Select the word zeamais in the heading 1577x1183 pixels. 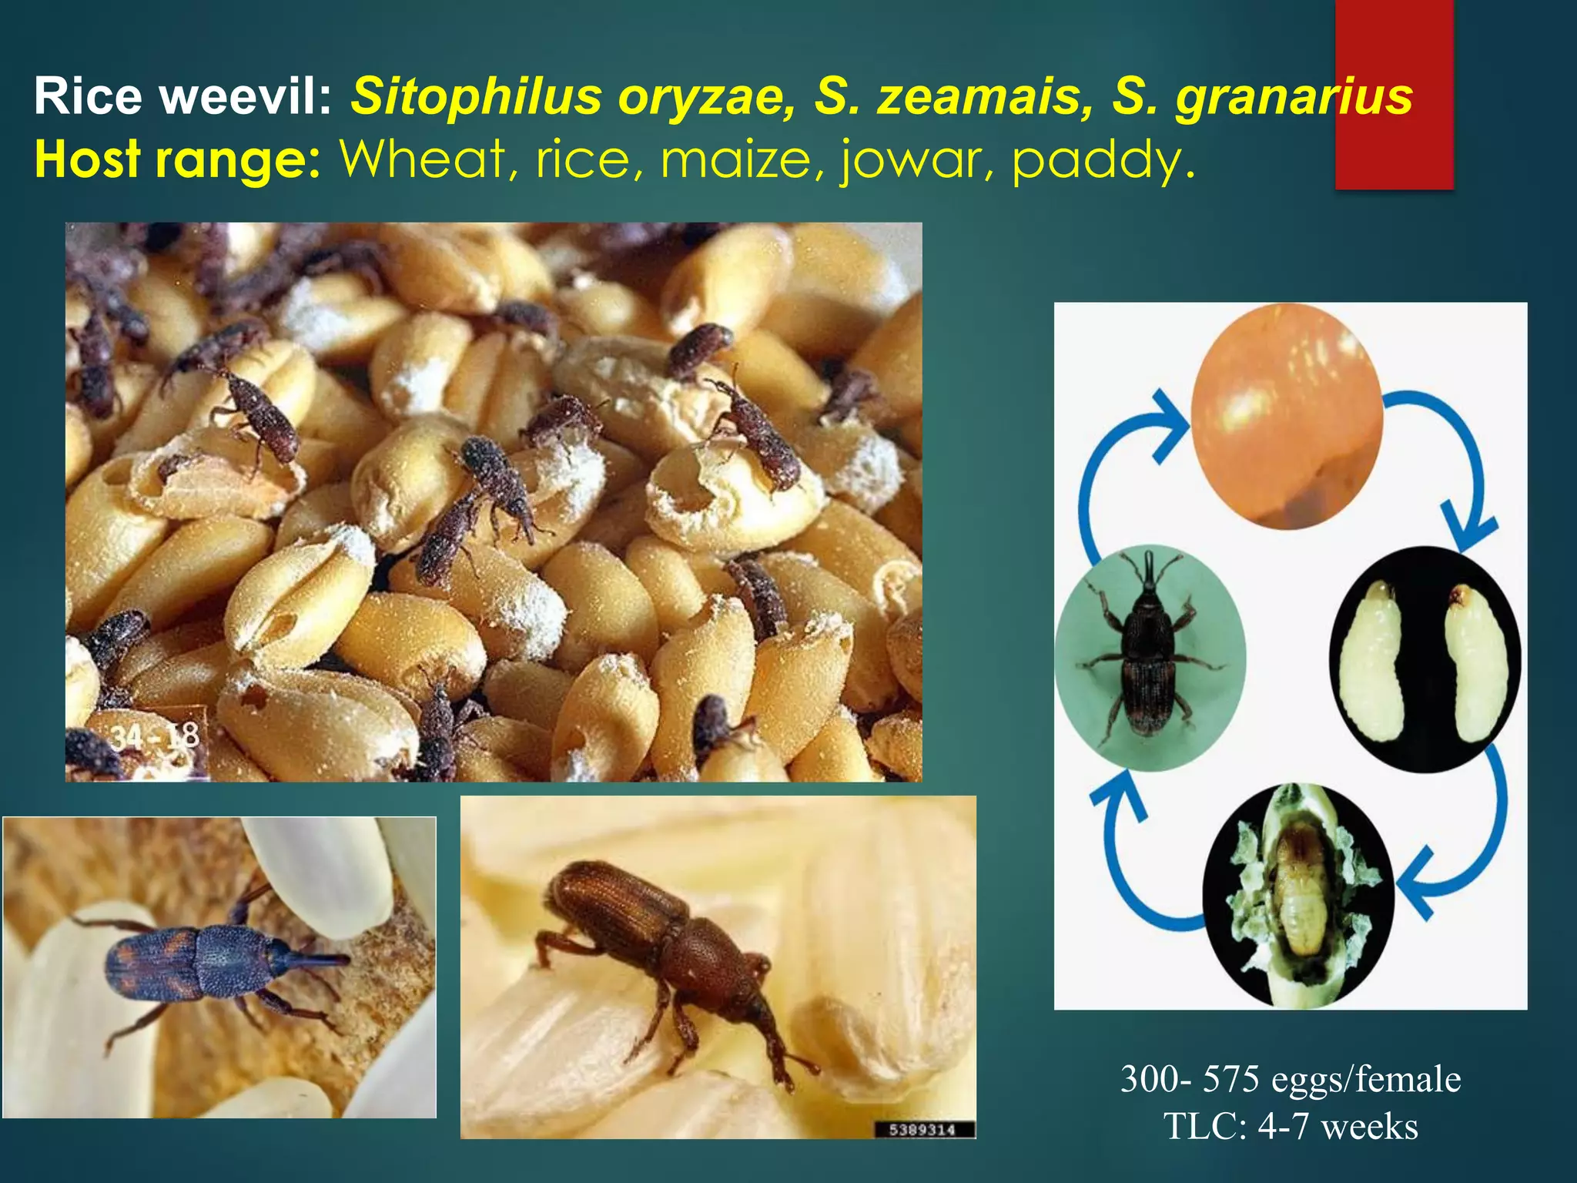[985, 99]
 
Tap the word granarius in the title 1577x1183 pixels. [1294, 99]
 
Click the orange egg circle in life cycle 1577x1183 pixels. [1287, 416]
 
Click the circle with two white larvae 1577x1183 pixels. [1425, 659]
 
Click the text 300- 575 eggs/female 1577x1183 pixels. [1291, 1079]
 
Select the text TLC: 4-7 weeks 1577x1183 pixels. [1291, 1126]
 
